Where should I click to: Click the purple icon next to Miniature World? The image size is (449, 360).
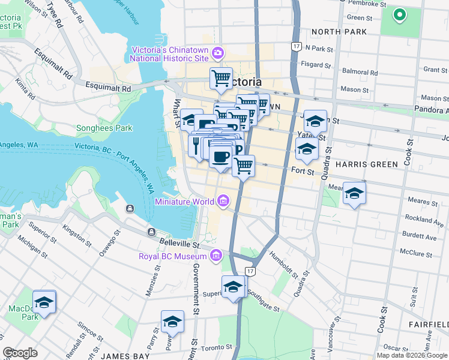tap(223, 200)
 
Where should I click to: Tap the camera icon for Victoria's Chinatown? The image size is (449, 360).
tap(216, 54)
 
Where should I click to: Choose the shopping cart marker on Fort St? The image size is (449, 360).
tap(243, 166)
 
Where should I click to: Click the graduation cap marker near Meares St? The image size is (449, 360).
tap(354, 194)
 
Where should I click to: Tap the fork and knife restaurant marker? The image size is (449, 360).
tap(196, 145)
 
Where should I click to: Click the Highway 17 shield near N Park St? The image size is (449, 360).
tap(295, 46)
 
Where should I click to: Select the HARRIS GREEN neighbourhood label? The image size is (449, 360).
tap(366, 164)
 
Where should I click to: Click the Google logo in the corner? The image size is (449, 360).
tap(20, 353)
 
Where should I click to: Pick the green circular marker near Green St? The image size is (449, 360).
tap(399, 15)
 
